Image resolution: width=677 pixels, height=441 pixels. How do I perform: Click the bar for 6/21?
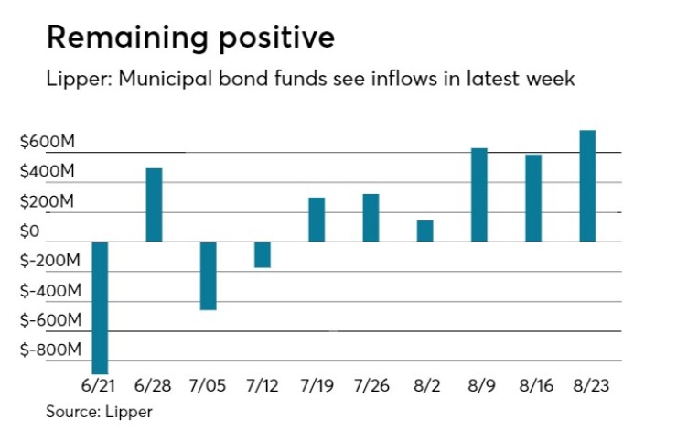tap(100, 307)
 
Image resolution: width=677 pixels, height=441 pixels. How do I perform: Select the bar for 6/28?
tap(154, 205)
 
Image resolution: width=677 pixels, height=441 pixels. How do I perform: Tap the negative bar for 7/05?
tap(208, 275)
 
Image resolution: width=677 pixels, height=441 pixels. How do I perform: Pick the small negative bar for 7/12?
tap(262, 254)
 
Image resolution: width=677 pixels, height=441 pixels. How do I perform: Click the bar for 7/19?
tap(317, 220)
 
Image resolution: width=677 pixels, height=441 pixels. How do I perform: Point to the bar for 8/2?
tap(424, 231)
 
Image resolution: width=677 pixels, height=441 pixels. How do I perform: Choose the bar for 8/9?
tap(479, 195)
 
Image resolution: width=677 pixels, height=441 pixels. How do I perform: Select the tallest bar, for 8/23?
tap(587, 186)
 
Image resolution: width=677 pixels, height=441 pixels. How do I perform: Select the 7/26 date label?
tap(371, 386)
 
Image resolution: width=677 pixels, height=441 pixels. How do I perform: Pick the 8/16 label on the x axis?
tap(533, 386)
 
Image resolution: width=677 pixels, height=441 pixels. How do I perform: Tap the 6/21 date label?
tap(100, 386)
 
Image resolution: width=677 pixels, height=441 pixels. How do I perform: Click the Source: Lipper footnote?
tap(99, 412)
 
